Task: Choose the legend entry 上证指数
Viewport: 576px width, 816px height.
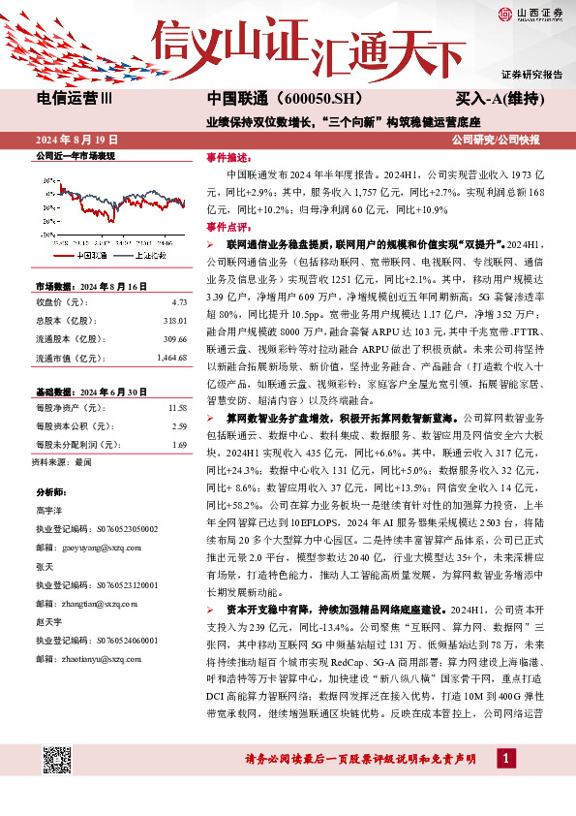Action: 154,256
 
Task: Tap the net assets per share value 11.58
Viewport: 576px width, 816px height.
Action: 176,408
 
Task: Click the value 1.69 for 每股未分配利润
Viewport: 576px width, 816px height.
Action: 178,444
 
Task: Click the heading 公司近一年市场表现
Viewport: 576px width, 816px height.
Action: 76,155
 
